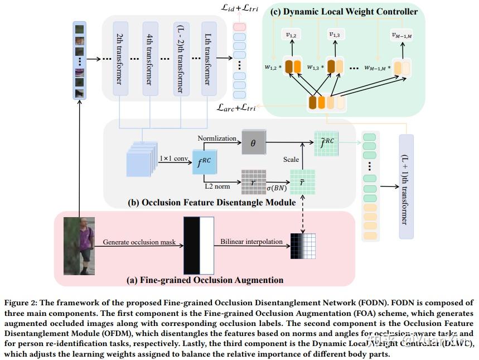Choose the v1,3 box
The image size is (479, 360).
point(335,35)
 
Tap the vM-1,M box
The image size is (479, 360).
point(402,35)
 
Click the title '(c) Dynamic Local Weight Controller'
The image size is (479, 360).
point(343,11)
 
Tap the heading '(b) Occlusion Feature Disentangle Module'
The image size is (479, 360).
point(212,203)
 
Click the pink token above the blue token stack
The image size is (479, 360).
point(239,27)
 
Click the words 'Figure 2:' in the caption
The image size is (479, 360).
point(23,303)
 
